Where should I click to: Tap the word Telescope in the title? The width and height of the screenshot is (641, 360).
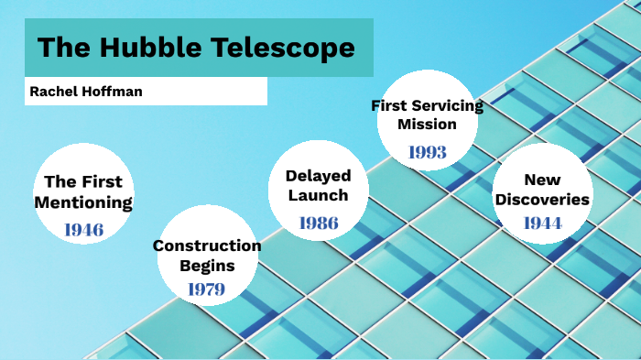click(x=277, y=48)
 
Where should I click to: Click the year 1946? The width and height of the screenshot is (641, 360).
click(x=83, y=229)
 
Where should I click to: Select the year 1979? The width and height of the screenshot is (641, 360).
click(x=206, y=289)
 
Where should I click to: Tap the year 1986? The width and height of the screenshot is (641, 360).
click(x=319, y=222)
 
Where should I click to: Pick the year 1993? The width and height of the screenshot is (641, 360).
click(x=427, y=151)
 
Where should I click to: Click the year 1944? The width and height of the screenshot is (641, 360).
click(x=542, y=223)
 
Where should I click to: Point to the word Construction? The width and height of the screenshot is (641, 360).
click(x=207, y=245)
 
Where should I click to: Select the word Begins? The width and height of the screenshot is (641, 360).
click(x=207, y=266)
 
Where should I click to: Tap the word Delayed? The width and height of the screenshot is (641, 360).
click(x=319, y=175)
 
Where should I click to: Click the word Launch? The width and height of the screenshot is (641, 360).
click(x=319, y=195)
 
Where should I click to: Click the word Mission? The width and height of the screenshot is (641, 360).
click(x=427, y=125)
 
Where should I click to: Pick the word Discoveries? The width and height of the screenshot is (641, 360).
click(x=542, y=200)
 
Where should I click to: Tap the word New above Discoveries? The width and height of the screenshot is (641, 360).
click(x=542, y=180)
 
